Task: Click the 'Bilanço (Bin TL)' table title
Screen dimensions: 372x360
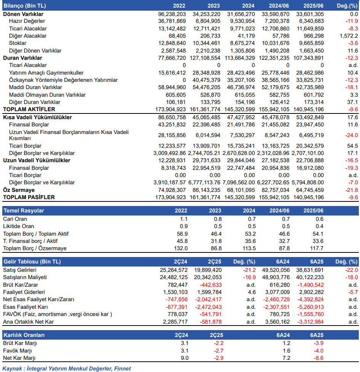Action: coord(25,6)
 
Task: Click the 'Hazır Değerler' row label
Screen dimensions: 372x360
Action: coord(27,21)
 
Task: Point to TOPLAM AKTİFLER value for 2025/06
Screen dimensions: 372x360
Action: coord(309,109)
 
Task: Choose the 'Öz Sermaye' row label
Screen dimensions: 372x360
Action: coord(19,190)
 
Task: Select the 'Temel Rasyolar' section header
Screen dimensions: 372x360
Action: coord(24,211)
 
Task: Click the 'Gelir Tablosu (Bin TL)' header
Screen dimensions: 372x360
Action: coord(32,262)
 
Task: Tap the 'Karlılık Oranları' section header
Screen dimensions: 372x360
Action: coord(24,335)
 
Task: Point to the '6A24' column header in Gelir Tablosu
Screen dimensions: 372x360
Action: coord(283,262)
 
